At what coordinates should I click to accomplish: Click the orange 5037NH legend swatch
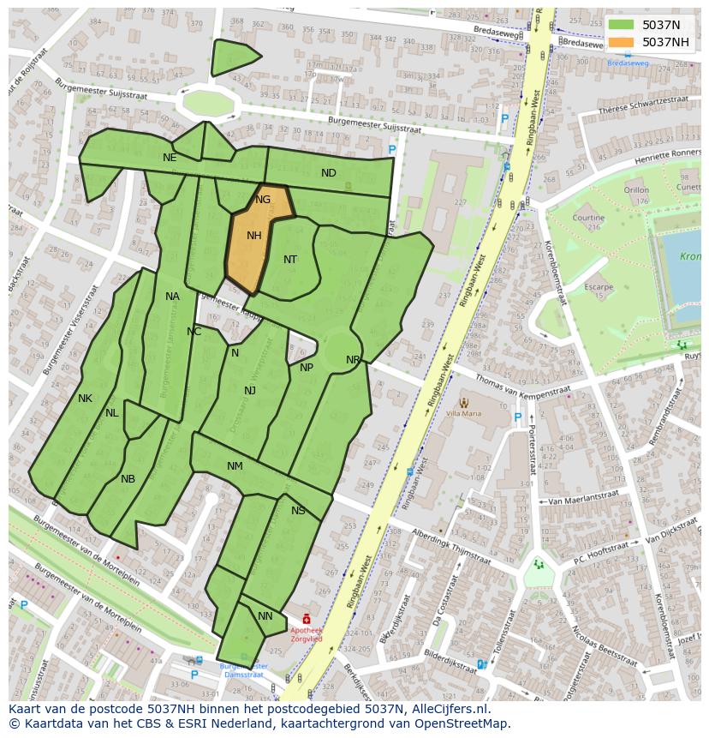point(623,42)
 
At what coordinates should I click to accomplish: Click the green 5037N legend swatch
point(623,26)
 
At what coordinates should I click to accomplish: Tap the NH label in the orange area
point(254,236)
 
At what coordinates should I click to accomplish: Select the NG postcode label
point(263,200)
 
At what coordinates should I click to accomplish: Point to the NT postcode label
point(290,260)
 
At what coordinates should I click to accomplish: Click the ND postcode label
point(329,173)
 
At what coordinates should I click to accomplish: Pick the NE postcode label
point(170,158)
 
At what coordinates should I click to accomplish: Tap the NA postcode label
point(173,297)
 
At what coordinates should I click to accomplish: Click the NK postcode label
point(85,399)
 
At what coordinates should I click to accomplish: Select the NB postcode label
point(128,479)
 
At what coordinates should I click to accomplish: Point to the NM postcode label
point(235,466)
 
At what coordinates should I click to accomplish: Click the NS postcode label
point(298,511)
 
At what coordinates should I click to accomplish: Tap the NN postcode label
point(265,616)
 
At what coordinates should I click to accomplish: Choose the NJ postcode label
point(250,391)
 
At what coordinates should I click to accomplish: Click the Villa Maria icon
point(464,401)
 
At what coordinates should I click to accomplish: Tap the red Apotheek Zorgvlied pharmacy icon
point(307,619)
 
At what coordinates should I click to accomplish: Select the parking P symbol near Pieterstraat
point(517,417)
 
